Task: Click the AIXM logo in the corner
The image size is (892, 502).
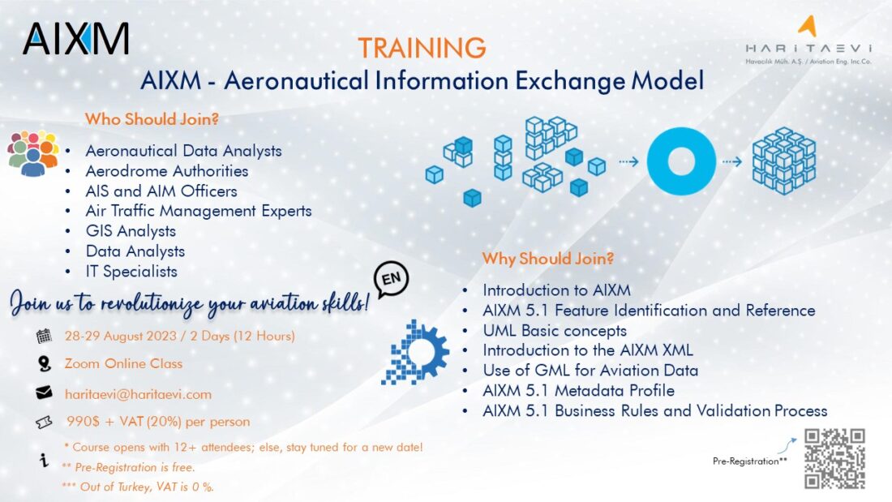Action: [75, 38]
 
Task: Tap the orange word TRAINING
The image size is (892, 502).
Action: [422, 48]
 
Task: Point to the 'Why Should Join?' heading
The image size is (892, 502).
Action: [548, 260]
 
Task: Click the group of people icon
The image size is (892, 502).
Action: [33, 152]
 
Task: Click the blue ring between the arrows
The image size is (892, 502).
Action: [682, 161]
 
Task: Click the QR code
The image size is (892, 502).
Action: [834, 458]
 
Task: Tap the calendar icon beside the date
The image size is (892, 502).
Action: [44, 336]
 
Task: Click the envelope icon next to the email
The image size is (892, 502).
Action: [44, 393]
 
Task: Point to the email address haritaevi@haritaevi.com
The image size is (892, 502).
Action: [138, 394]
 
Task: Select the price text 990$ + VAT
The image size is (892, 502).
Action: [157, 422]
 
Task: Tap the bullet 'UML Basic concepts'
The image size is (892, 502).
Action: [555, 331]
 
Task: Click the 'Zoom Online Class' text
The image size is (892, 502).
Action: [124, 364]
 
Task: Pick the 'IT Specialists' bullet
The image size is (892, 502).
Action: [131, 272]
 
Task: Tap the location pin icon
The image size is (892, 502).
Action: [44, 364]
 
